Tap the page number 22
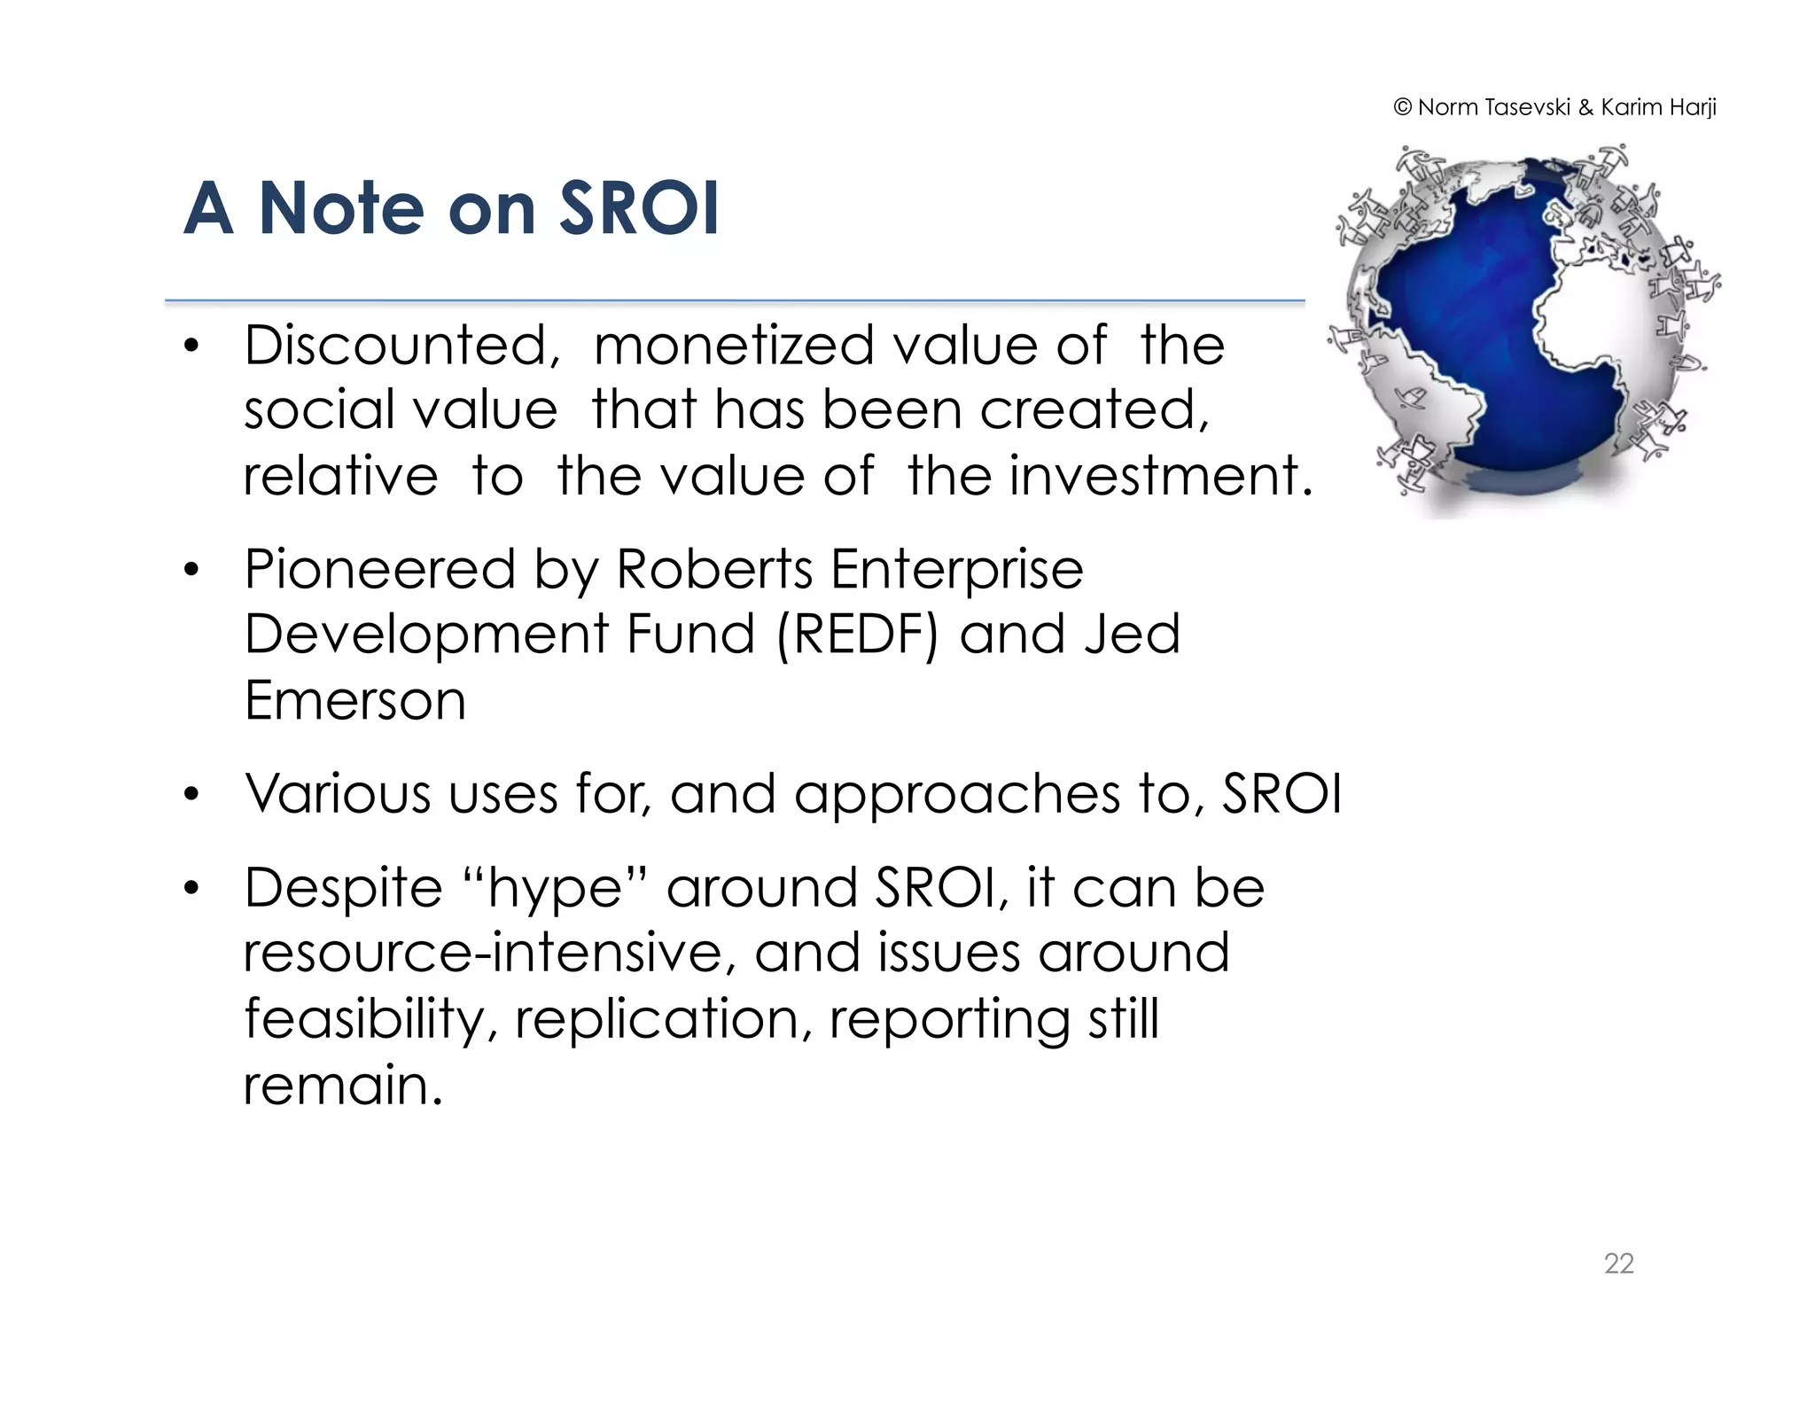[1618, 1263]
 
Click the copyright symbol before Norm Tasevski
[1402, 107]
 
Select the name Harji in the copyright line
[1692, 107]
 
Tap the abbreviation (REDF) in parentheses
[856, 635]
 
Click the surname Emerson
[354, 700]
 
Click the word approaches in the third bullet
[956, 795]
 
